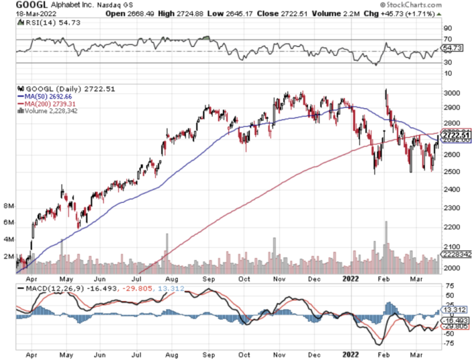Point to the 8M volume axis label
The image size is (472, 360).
(x=8, y=205)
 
